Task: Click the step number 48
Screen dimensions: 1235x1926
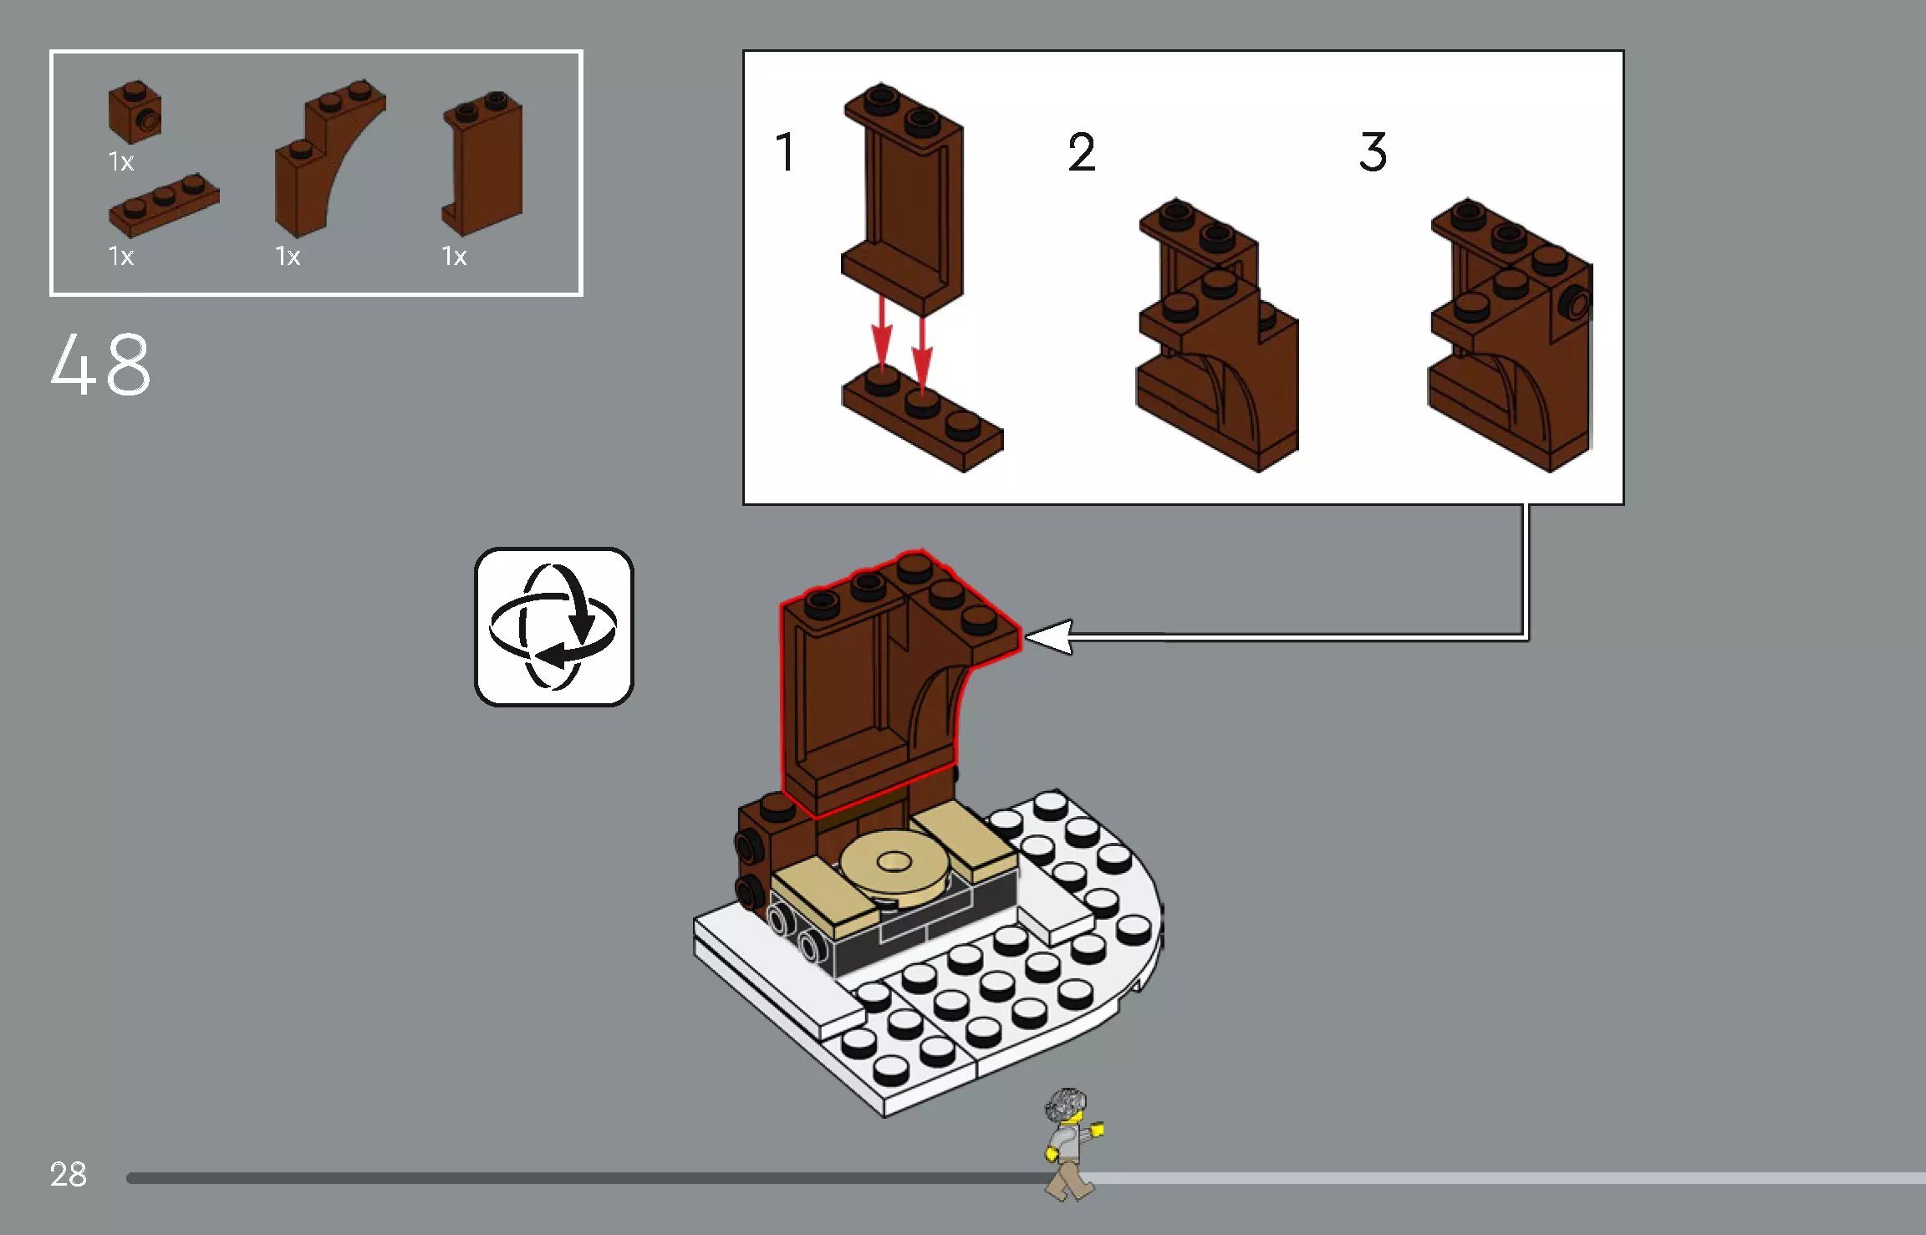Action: pos(101,365)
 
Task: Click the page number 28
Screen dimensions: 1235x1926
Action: pos(68,1174)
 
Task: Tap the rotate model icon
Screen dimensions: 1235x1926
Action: pos(553,627)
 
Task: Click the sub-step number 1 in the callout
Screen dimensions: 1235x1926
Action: pos(785,152)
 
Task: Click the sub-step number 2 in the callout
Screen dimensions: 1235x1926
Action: pos(1081,152)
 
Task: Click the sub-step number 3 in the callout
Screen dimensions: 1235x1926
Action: pos(1373,152)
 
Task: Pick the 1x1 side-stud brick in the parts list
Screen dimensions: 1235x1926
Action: pos(135,112)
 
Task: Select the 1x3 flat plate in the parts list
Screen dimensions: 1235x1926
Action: pos(164,204)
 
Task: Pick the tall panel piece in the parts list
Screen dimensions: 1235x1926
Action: pos(482,163)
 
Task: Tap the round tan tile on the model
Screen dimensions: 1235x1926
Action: pos(894,865)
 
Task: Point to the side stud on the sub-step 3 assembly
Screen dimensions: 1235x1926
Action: pos(1577,303)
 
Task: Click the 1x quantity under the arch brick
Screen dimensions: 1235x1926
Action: pos(288,256)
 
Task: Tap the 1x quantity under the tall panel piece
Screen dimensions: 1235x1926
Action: pos(454,256)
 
